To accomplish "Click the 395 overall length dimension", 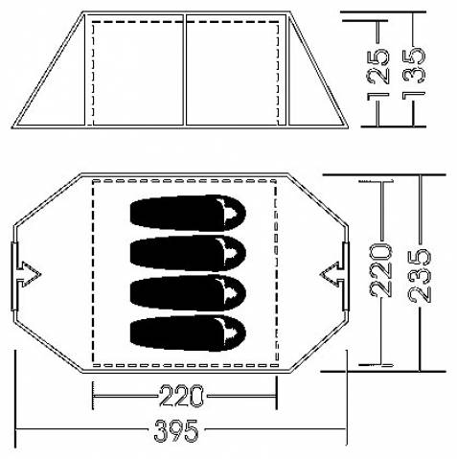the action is point(176,430).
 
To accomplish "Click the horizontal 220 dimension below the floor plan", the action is point(181,396).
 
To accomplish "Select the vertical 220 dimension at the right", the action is point(380,270).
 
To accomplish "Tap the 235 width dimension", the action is point(420,275).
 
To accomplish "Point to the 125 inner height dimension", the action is point(378,74).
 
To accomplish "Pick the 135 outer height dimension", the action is point(414,74).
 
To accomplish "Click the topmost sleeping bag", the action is point(188,213).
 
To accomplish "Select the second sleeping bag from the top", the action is point(188,253).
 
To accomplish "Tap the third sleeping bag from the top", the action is point(188,293).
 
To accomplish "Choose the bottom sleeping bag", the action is point(188,333).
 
